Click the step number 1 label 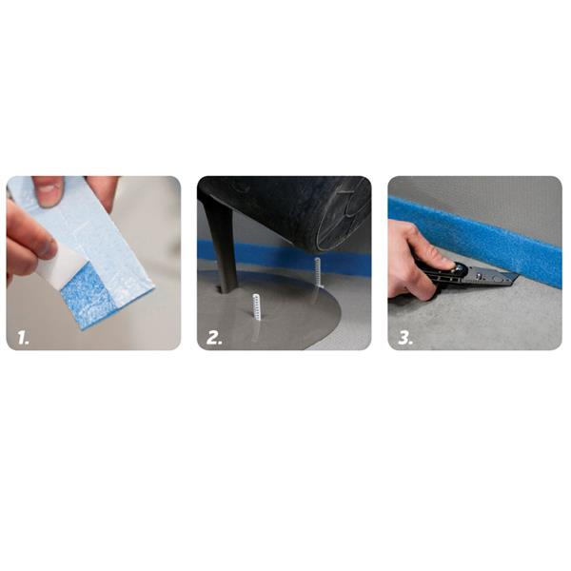(x=23, y=338)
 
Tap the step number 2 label (x=214, y=338)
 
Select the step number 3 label (x=405, y=338)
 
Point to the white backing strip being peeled (x=60, y=266)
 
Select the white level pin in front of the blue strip (x=317, y=272)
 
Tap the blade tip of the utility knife (x=516, y=276)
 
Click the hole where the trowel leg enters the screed (x=223, y=290)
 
